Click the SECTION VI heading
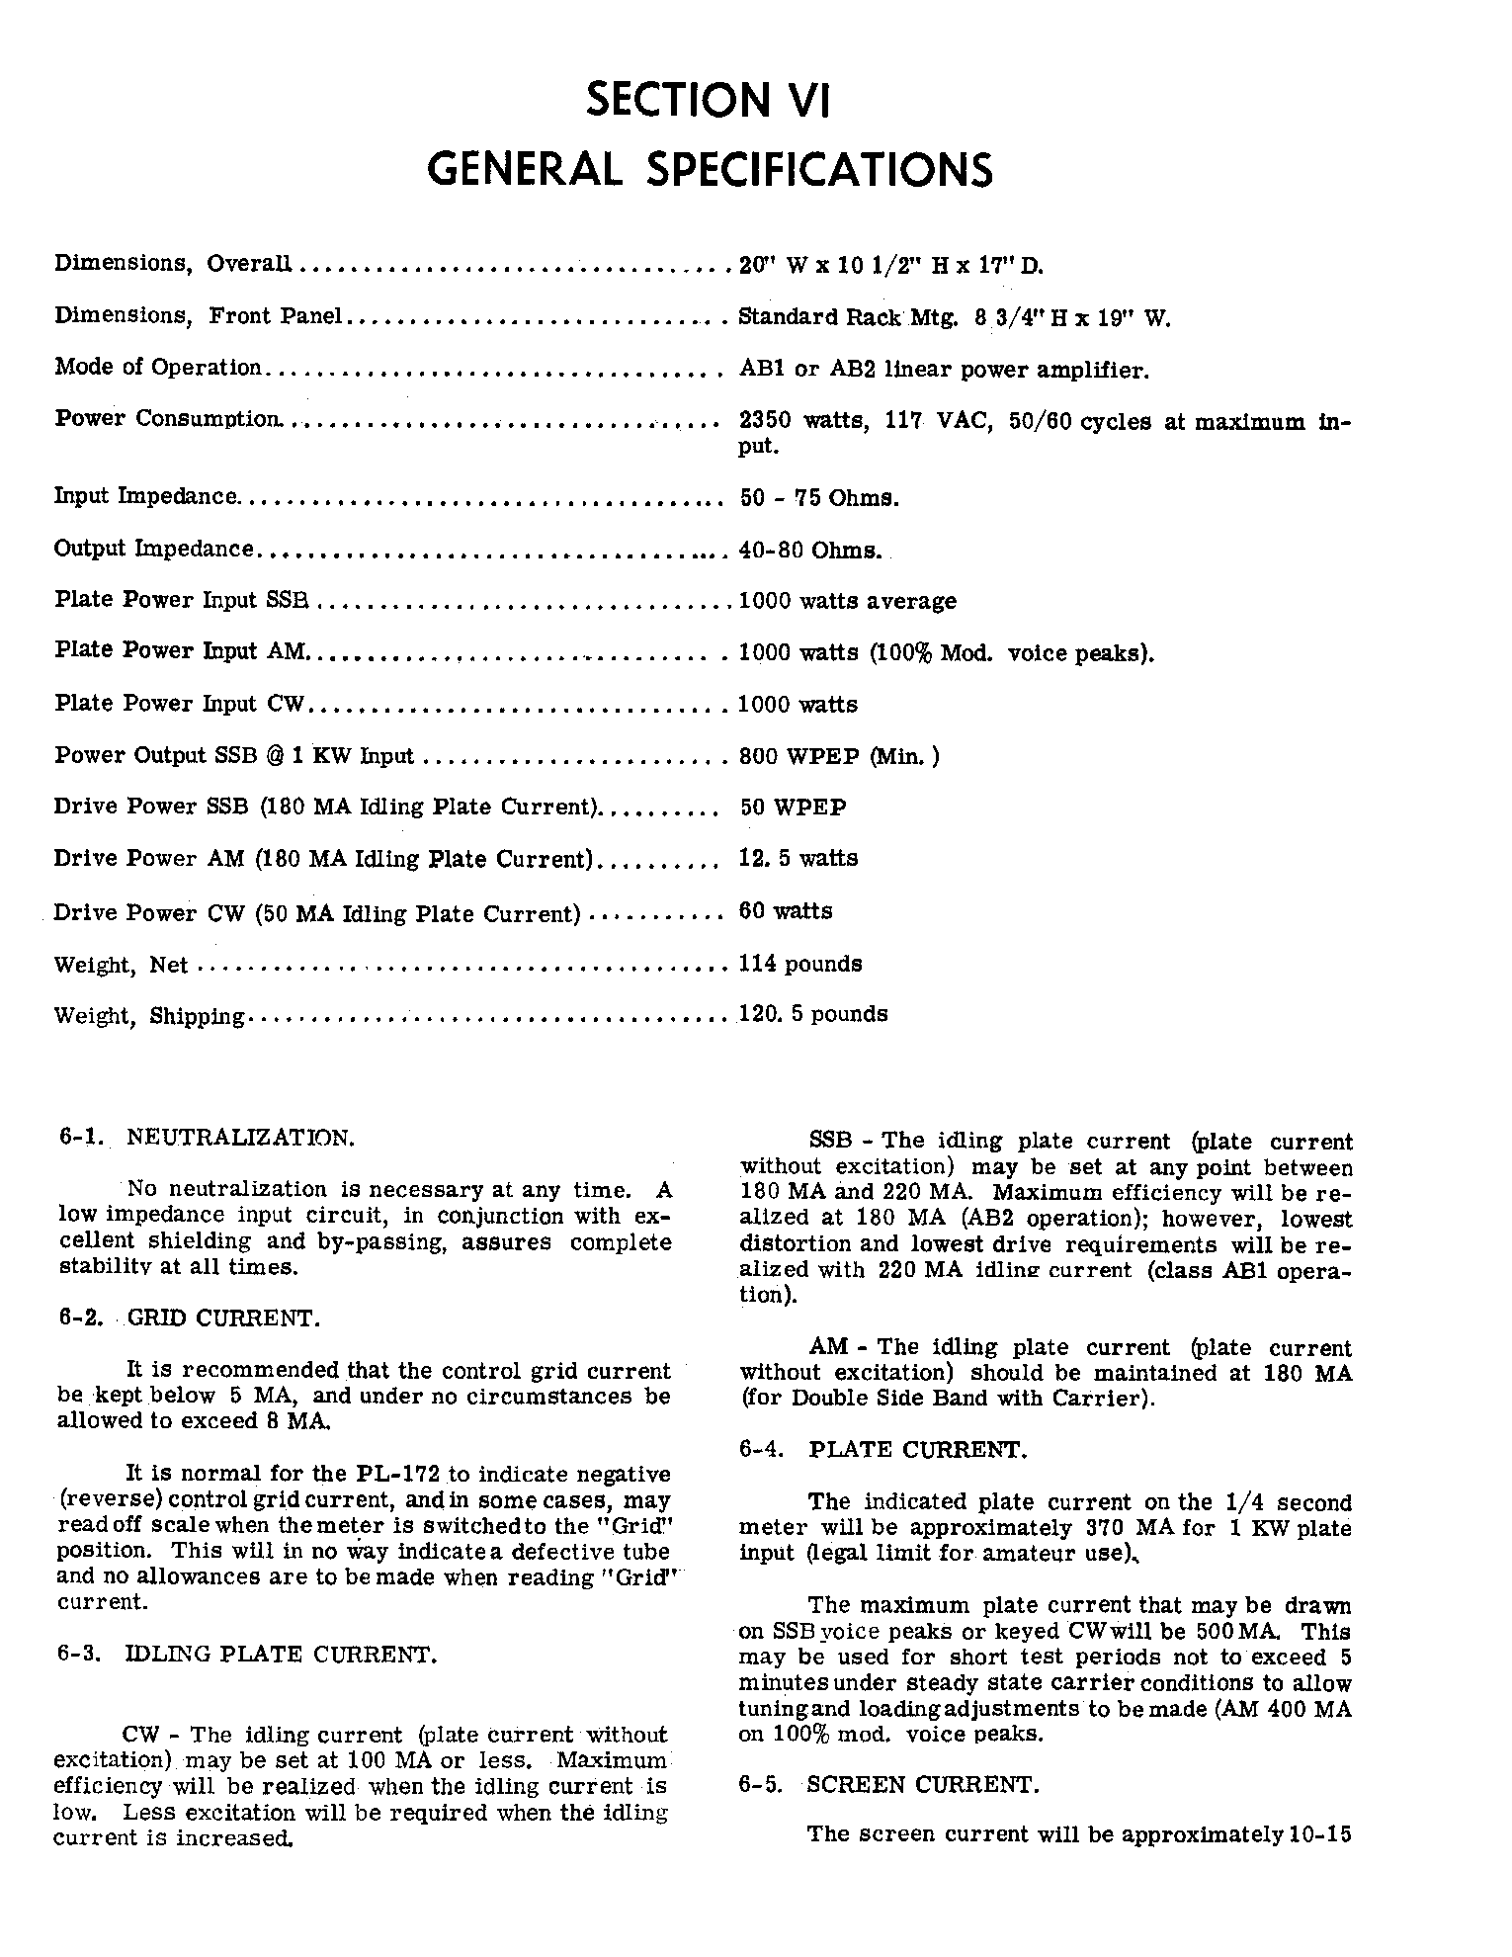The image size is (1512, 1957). [708, 101]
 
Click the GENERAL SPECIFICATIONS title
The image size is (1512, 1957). [709, 169]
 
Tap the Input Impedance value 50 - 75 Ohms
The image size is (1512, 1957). [818, 497]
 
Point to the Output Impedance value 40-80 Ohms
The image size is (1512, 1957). [809, 550]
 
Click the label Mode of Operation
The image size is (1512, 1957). [157, 368]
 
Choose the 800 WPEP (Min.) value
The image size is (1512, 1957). [839, 756]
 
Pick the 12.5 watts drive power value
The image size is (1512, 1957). [798, 858]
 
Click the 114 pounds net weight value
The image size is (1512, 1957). [799, 963]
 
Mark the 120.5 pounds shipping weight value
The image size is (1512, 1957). [812, 1014]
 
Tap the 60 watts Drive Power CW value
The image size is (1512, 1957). [786, 910]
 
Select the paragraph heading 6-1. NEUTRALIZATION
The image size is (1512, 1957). [206, 1138]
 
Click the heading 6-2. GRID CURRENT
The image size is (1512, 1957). [188, 1319]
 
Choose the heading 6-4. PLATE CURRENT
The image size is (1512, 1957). [882, 1450]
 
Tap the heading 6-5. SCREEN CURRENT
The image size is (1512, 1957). [887, 1784]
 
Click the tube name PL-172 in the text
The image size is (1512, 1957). [400, 1475]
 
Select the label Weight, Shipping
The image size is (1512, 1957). [149, 1016]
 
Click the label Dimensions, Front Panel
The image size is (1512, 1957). [198, 316]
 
